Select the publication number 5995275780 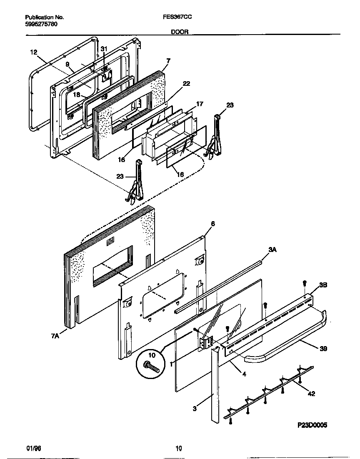[x=41, y=24]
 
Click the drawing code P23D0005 [x=312, y=425]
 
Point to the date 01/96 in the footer [x=33, y=448]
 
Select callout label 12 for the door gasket [x=34, y=52]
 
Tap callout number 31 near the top [x=104, y=49]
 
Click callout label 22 [x=186, y=84]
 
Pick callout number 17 [x=200, y=104]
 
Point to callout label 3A [x=272, y=249]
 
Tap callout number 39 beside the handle [x=323, y=349]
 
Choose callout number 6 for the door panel [x=212, y=224]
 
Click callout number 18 [x=77, y=95]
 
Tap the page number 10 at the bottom [x=178, y=448]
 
